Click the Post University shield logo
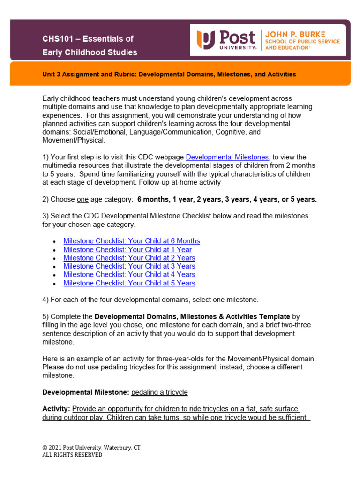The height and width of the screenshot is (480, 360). (205, 40)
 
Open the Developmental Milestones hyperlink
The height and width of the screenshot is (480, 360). (227, 157)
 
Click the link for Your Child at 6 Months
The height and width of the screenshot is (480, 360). (131, 241)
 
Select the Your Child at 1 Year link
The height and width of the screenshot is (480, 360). (127, 250)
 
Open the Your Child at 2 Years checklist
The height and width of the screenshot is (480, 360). (129, 258)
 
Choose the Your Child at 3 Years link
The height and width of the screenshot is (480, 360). (129, 266)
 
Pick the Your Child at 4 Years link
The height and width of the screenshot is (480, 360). (129, 275)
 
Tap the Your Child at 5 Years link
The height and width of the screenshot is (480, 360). (129, 283)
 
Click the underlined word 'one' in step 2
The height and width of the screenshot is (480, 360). (82, 199)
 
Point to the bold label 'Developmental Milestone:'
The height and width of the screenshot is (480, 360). (86, 392)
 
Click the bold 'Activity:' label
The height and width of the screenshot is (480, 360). (56, 409)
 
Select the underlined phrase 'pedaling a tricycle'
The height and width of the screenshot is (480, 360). (159, 392)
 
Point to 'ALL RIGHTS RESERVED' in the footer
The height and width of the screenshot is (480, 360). (72, 455)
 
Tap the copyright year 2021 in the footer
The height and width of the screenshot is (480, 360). (57, 447)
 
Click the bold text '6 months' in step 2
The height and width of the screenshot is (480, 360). (154, 199)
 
